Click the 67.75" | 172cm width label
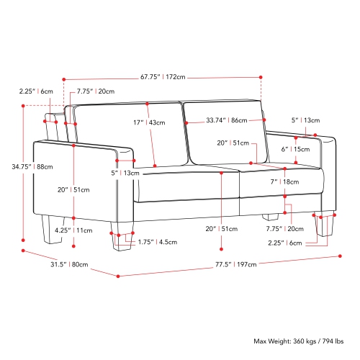click(x=163, y=77)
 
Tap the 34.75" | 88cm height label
click(x=32, y=166)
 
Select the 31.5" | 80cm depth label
click(x=69, y=264)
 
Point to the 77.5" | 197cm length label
click(x=235, y=264)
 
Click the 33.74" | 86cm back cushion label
click(x=227, y=120)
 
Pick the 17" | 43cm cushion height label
click(x=149, y=122)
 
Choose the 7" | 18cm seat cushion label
click(x=284, y=181)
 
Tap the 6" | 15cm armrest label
click(x=295, y=149)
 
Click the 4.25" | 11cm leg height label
click(x=73, y=230)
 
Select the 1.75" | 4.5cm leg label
click(x=158, y=242)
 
